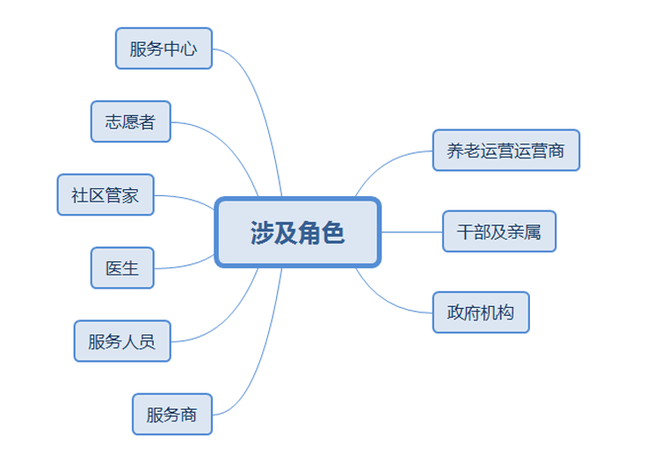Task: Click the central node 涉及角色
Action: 298,232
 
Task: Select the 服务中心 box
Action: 164,48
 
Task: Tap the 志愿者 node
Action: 130,121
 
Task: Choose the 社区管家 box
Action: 105,195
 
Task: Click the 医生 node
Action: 121,267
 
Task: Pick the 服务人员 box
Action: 121,341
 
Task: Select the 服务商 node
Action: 171,414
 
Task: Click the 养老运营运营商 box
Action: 505,150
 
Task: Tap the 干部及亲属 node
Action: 499,231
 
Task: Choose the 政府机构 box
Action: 480,312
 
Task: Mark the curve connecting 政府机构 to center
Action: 387,301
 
